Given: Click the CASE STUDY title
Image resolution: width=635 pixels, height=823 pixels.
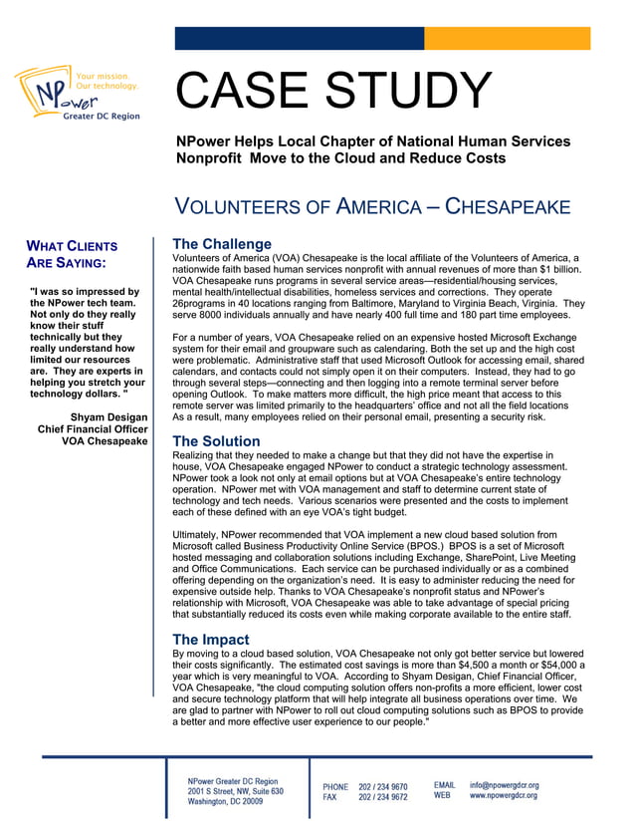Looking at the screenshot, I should tap(333, 93).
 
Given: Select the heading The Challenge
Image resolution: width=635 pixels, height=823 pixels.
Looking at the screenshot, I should tap(221, 244).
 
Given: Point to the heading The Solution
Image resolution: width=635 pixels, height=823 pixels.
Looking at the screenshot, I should tap(216, 441).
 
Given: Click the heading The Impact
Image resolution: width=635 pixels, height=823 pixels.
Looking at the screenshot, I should tap(210, 639).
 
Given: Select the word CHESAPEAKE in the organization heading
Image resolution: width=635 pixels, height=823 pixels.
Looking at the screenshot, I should tap(508, 207).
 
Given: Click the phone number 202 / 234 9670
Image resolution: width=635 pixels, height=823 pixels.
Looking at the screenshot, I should tap(383, 786).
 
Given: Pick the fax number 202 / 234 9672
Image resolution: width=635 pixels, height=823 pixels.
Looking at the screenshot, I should tap(383, 797).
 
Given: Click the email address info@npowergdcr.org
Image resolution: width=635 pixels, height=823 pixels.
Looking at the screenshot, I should tap(504, 785).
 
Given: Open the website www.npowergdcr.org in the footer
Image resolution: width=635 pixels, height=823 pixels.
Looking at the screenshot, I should tap(504, 796).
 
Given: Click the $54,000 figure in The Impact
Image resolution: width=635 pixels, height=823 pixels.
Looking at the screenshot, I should tap(550, 665).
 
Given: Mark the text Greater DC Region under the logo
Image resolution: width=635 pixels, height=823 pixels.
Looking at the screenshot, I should tap(101, 117).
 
